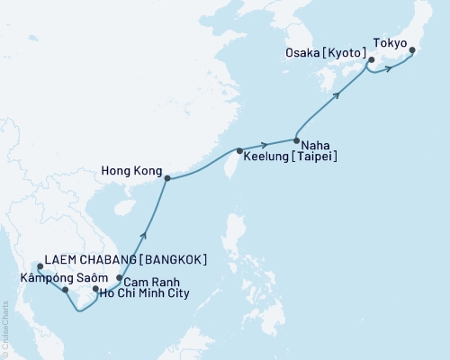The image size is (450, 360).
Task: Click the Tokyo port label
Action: click(x=389, y=42)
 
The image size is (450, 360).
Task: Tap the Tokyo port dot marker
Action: click(x=412, y=50)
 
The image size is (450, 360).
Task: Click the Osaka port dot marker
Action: click(x=370, y=61)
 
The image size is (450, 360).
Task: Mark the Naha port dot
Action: click(x=296, y=139)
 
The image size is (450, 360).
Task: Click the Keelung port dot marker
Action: click(x=238, y=150)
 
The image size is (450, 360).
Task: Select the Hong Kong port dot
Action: click(x=167, y=178)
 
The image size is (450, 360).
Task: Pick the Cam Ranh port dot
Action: click(x=120, y=277)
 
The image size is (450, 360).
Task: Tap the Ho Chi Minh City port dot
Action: click(x=95, y=289)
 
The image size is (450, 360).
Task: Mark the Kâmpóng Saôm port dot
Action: click(x=66, y=290)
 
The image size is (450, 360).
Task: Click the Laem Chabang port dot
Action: click(x=40, y=266)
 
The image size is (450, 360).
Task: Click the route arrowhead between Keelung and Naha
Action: click(x=265, y=144)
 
